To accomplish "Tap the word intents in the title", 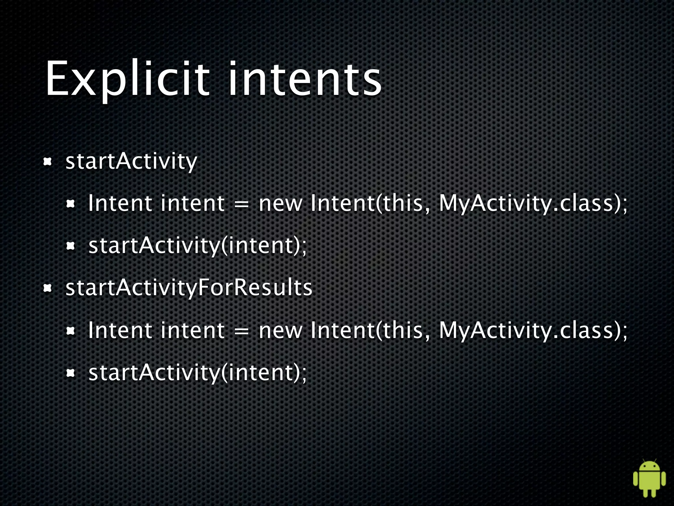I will (304, 79).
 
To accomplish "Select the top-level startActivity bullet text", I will (131, 161).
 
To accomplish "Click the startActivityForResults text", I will (189, 288).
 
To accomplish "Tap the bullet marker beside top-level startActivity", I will (48, 162).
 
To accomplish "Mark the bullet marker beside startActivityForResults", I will (48, 289).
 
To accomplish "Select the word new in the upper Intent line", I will (280, 204).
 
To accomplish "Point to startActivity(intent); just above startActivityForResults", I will (197, 246).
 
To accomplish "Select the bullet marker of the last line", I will (71, 373).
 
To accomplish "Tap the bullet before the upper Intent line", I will (71, 204).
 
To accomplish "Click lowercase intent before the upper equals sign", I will (193, 203).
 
